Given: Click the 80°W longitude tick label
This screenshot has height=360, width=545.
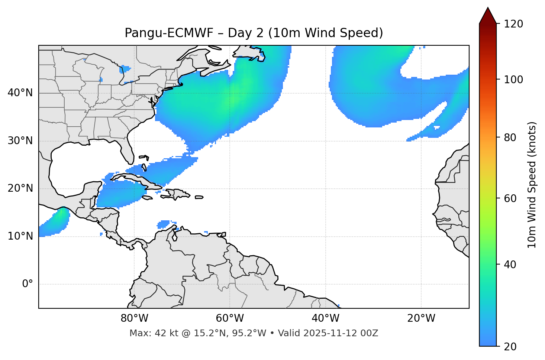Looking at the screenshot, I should pos(134,318).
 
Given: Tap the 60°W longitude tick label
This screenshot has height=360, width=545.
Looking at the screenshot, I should pos(229,318).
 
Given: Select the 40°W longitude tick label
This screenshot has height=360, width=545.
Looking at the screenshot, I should pos(325,318).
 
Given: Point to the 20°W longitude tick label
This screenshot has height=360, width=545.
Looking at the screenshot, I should pos(421,318).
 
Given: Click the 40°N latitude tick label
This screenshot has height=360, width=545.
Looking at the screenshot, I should pos(20,93).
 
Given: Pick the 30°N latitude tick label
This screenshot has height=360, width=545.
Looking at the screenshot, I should pos(20,141).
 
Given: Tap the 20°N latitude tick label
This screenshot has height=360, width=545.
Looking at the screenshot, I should pos(20,188).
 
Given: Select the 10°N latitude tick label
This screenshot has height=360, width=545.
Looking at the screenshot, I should pos(20,236).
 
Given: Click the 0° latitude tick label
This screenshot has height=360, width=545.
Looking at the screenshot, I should pos(28,284).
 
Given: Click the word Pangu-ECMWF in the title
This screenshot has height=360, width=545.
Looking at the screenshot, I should pos(169,33).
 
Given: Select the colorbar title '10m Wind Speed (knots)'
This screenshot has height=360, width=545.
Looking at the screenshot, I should pos(532,185).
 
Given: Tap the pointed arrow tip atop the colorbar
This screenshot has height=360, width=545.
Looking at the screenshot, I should pos(488,9).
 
